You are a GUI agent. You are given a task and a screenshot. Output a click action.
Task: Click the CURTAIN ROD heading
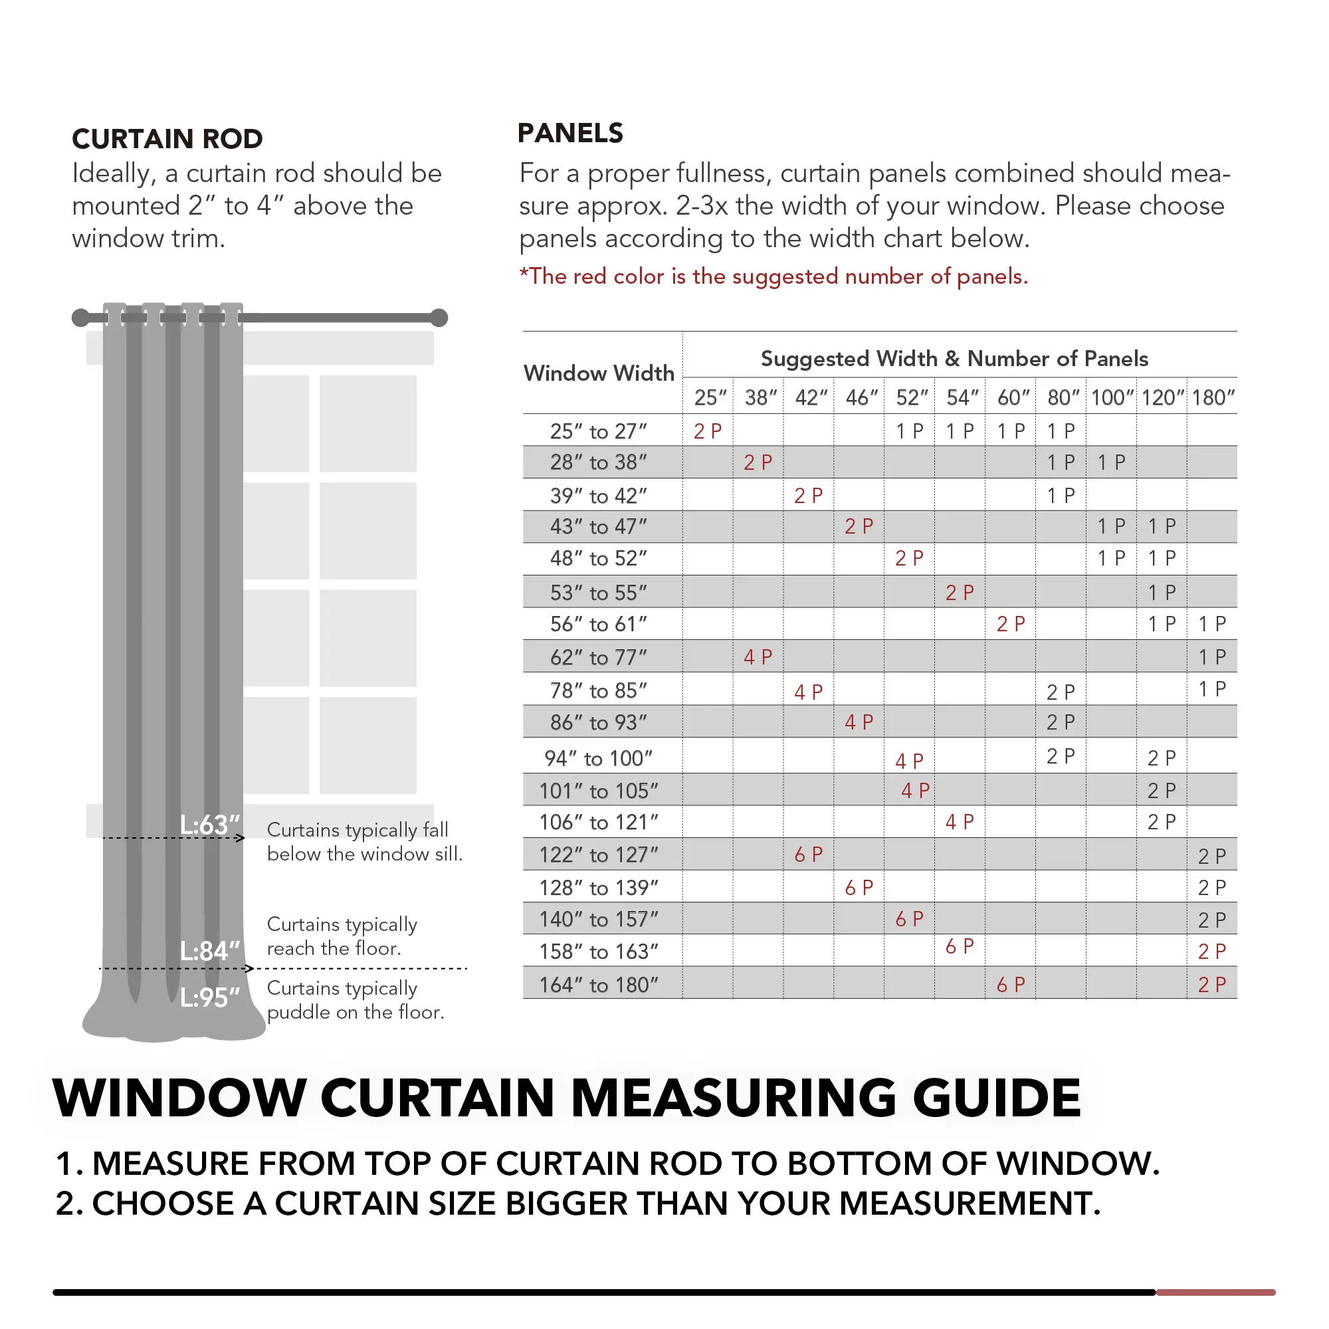(167, 139)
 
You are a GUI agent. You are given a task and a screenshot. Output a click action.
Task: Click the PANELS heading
(569, 133)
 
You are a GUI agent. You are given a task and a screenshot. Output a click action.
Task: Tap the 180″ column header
(1213, 397)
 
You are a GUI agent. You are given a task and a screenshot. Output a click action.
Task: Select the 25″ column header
(709, 397)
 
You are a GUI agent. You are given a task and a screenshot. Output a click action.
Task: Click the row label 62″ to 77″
(599, 658)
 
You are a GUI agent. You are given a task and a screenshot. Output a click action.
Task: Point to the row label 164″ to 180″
(599, 985)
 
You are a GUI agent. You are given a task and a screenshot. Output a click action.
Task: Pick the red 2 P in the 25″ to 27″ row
(707, 431)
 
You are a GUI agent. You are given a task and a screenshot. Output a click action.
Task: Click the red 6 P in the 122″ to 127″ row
(808, 855)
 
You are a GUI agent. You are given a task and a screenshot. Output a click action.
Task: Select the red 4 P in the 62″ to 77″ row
(758, 657)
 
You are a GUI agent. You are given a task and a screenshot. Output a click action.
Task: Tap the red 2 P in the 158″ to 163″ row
(1211, 952)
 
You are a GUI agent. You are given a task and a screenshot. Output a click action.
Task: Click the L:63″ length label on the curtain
(210, 824)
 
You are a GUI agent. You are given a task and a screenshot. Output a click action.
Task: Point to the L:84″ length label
(210, 952)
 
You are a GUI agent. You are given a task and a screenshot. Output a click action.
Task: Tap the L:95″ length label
(210, 997)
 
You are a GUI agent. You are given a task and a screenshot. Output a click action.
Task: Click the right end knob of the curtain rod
(439, 318)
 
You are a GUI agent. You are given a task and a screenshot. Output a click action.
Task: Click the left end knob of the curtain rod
(80, 318)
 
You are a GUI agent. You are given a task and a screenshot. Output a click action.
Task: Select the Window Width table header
(599, 373)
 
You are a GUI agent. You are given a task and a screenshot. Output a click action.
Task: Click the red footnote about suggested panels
(773, 276)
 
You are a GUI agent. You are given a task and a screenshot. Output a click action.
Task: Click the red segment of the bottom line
(1215, 1292)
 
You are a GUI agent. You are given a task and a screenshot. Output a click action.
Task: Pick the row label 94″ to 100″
(599, 758)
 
